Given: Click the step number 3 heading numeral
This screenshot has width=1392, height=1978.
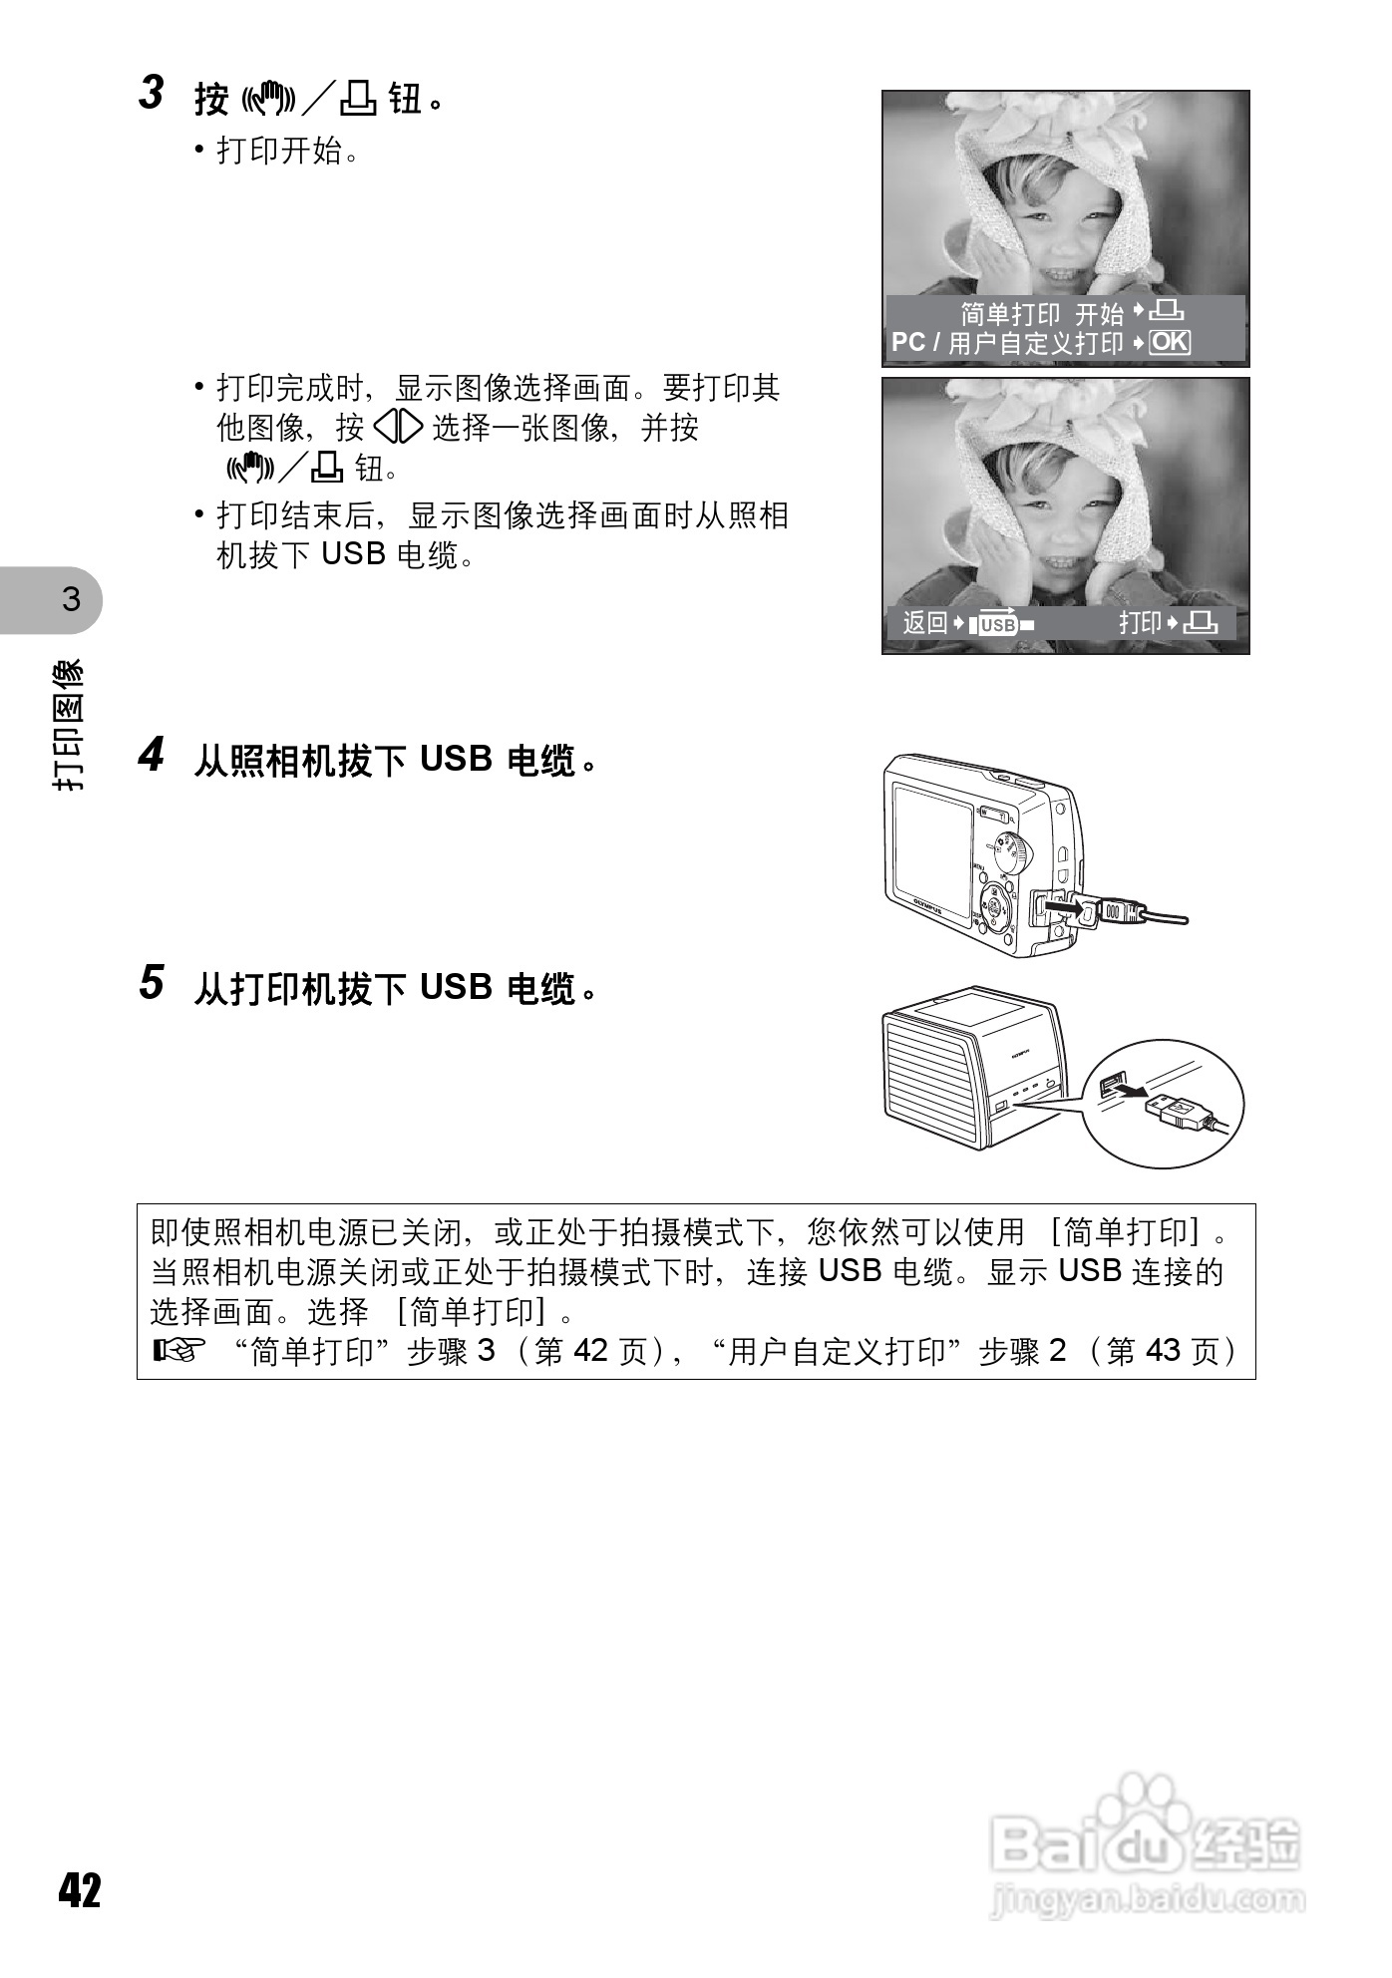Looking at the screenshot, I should tap(151, 94).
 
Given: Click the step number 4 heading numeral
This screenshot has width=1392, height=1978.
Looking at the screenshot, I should tap(151, 755).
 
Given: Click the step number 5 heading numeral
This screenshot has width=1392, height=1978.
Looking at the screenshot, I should tap(151, 983).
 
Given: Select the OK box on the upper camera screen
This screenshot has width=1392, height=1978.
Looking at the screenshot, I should tap(1169, 343).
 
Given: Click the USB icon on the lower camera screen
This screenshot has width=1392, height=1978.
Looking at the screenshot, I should tap(998, 625).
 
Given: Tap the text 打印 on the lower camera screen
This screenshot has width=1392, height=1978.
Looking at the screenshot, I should tap(1140, 623).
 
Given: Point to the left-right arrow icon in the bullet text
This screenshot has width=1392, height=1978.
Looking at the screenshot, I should tap(398, 428).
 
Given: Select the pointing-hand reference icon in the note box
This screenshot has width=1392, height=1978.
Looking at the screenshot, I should tap(179, 1352).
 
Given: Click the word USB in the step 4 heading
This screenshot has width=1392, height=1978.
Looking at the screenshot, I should tap(456, 760).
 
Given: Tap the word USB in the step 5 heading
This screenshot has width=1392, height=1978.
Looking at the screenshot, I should tap(456, 988).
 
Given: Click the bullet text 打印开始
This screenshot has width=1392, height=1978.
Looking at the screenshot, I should tap(280, 152).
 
